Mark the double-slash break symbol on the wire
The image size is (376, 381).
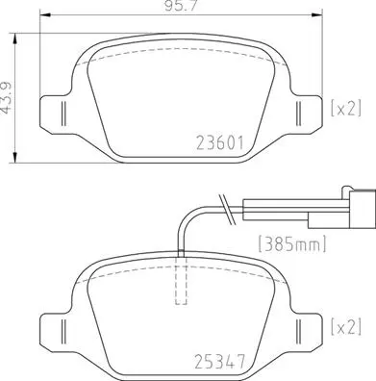coord(224,204)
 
